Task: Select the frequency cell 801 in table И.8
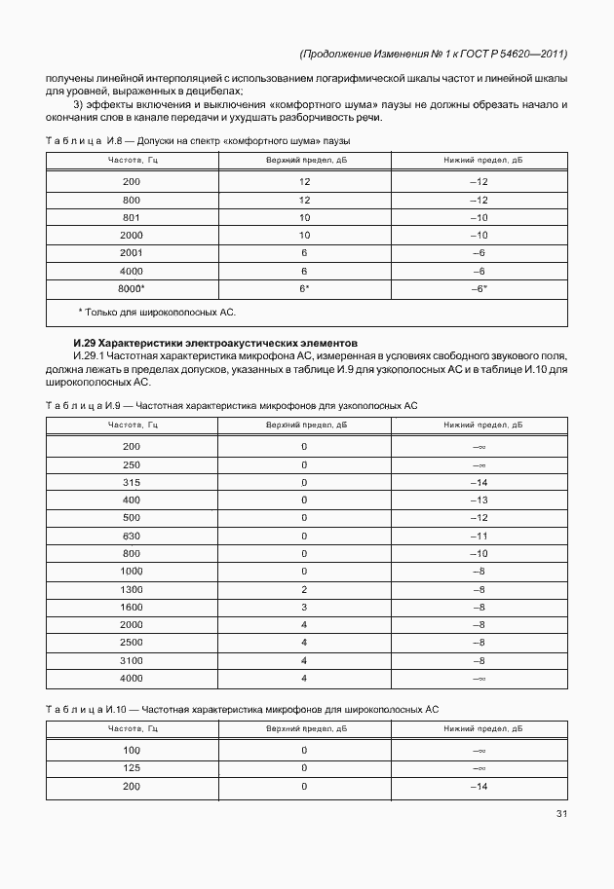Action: coord(132,217)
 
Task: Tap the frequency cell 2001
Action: coord(132,253)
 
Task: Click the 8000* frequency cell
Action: coord(132,289)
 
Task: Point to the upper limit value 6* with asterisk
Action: coord(304,289)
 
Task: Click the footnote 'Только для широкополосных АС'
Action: coord(157,313)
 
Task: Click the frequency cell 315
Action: coord(132,482)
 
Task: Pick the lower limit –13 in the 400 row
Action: coord(478,500)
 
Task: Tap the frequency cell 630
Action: coord(132,536)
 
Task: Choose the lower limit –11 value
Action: coord(478,536)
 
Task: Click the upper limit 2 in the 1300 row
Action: coord(304,590)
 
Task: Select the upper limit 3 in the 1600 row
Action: coord(304,608)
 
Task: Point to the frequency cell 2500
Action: coord(132,643)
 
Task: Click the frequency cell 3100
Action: coord(132,660)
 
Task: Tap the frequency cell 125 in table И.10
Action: coord(132,767)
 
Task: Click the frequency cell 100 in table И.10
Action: coord(132,750)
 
